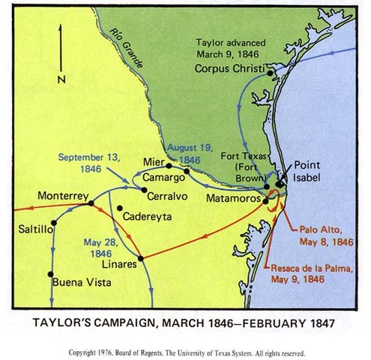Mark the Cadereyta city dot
(x=118, y=208)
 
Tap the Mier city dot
(x=169, y=165)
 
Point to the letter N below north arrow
(x=61, y=78)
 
